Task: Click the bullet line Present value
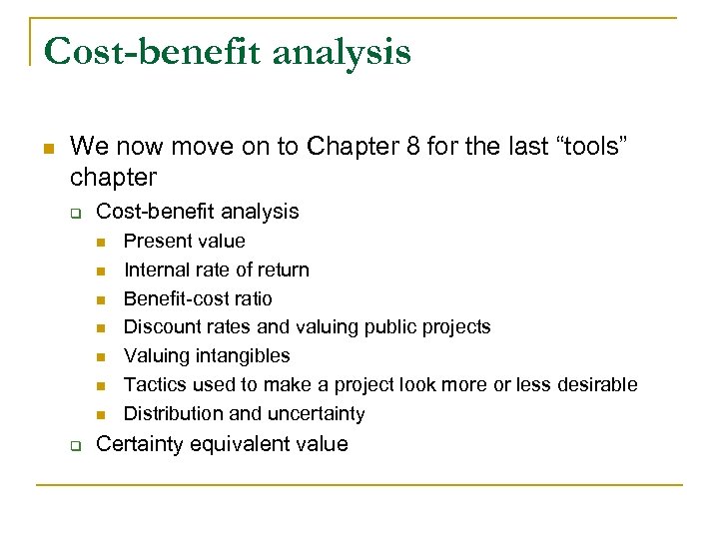click(184, 241)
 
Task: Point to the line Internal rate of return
click(216, 269)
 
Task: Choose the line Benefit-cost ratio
click(197, 298)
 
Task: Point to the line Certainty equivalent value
click(222, 444)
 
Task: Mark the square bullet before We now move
click(47, 148)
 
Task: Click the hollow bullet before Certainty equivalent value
click(74, 445)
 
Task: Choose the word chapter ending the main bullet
click(113, 178)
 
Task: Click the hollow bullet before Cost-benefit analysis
click(74, 213)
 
